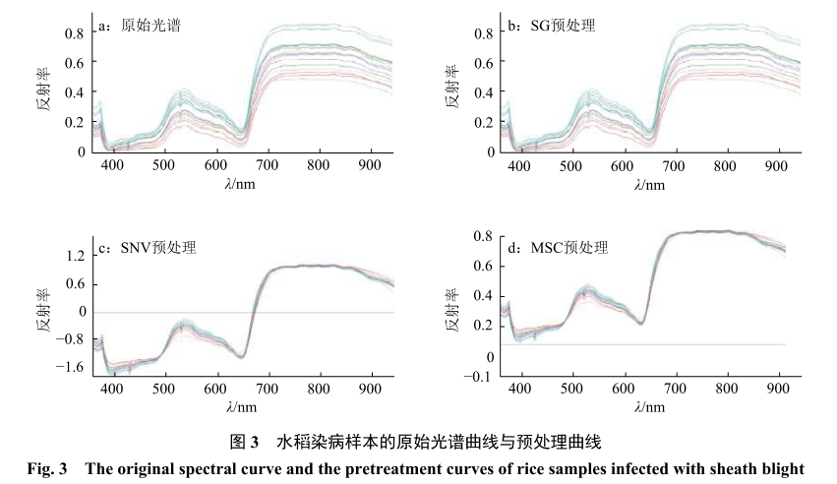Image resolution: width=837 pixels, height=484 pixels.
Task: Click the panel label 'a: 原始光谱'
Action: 143,27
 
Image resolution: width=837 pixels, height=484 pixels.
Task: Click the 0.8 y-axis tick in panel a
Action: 75,33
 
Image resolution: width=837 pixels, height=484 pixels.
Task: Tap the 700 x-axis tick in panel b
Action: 674,166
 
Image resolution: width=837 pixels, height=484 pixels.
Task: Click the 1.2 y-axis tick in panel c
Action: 75,256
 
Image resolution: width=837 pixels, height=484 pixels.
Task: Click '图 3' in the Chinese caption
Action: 242,442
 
